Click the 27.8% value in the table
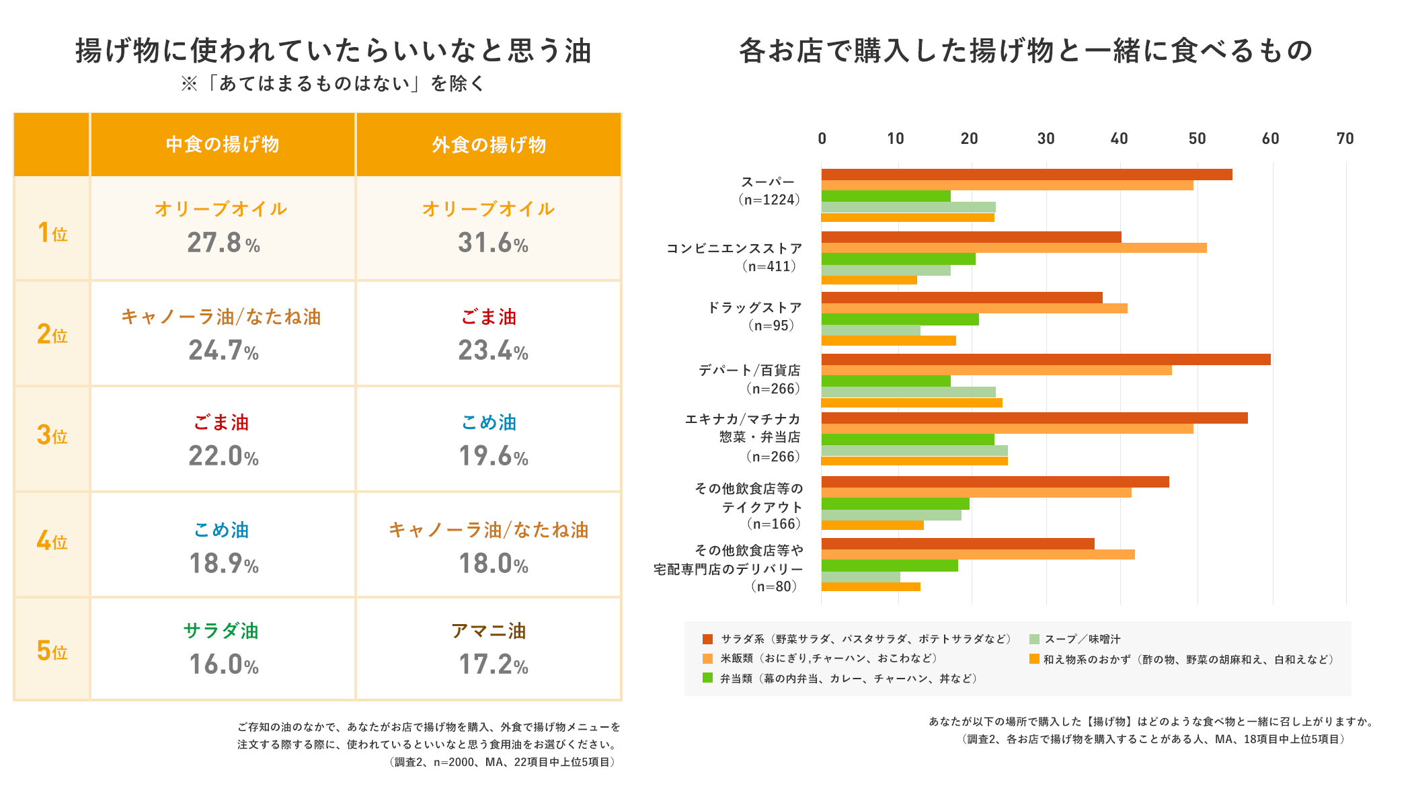coord(223,243)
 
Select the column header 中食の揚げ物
coord(223,145)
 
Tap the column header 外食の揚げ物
coord(489,145)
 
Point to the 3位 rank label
coord(52,436)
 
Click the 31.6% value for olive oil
coord(493,243)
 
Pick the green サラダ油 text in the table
coord(221,631)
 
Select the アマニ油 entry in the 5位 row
coord(489,631)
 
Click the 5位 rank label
coord(52,651)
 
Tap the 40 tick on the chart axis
coord(1120,139)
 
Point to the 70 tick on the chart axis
coord(1345,139)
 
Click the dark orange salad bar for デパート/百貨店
coord(1046,360)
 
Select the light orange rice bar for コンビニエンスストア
coord(1014,248)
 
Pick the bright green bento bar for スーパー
coord(886,196)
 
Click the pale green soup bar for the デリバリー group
coord(861,577)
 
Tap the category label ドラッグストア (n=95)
coord(754,316)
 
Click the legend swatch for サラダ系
coord(707,639)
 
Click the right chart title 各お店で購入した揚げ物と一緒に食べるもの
coord(1025,51)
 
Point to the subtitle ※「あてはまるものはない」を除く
coord(334,84)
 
